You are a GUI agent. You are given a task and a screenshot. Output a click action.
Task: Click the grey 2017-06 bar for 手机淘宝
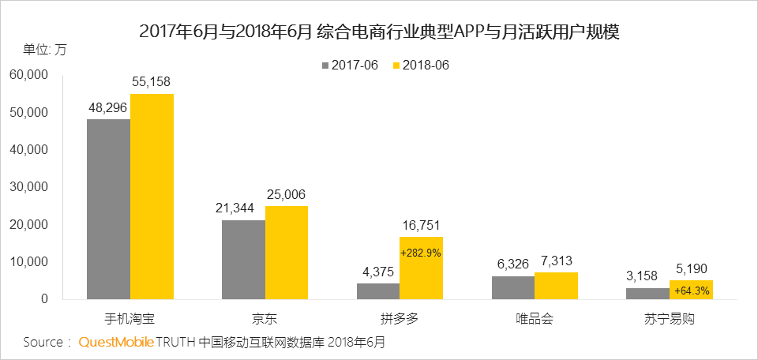(x=108, y=209)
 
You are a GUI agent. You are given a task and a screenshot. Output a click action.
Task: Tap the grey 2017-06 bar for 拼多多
(x=378, y=291)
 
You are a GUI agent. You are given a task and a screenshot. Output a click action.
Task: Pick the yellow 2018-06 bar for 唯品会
(x=556, y=286)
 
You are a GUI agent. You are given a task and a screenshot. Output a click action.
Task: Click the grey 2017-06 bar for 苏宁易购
(x=647, y=294)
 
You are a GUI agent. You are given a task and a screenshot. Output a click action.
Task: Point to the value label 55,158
(x=152, y=81)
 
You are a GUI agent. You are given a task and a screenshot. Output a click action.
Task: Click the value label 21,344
(x=243, y=208)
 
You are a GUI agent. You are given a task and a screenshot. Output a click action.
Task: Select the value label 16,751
(x=421, y=224)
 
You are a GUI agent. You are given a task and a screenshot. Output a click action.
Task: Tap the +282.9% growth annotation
(x=421, y=253)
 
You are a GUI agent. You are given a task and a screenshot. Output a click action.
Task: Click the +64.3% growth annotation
(x=691, y=291)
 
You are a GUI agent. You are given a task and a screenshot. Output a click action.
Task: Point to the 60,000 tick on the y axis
(x=29, y=75)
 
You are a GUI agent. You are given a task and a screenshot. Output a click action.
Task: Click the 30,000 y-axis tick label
(x=29, y=187)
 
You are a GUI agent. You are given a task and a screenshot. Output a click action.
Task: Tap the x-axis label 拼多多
(x=400, y=320)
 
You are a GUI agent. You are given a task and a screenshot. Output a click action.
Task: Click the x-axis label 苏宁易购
(x=669, y=320)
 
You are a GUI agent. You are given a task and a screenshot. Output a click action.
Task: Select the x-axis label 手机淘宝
(x=130, y=320)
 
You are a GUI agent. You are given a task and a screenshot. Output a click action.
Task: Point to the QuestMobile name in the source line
(x=115, y=343)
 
